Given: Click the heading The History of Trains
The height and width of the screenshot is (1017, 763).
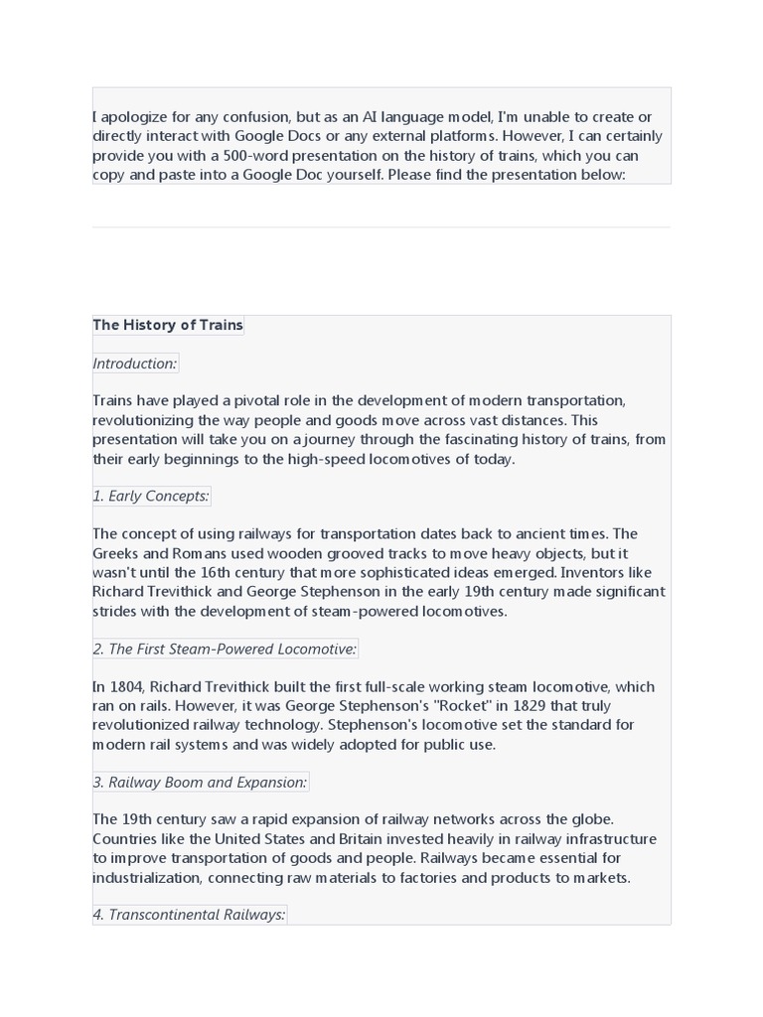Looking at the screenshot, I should coord(168,325).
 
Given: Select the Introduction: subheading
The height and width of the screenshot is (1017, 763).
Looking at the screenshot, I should coord(135,363).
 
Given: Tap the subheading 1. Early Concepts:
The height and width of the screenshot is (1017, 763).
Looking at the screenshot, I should coord(151,496).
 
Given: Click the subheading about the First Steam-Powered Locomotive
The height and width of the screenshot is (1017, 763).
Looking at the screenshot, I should coord(225,649).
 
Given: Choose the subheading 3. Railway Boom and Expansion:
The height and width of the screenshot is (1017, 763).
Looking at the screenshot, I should coord(200,782).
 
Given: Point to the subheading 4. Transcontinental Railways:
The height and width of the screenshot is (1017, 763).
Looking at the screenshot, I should coord(189,914).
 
